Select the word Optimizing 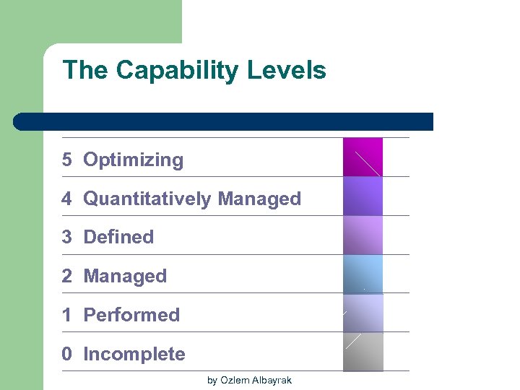(134, 160)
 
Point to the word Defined (118, 237)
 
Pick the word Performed (131, 315)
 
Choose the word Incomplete (134, 354)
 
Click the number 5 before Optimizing (67, 160)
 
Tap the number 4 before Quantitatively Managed (67, 199)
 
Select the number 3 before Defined (67, 237)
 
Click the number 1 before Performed (67, 315)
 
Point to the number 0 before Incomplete (67, 354)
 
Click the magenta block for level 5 (363, 157)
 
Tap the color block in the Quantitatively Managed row (363, 196)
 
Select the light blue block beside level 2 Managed (363, 274)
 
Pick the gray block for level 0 (363, 352)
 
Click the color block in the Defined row (363, 235)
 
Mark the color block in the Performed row (363, 313)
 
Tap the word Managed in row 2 (125, 276)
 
